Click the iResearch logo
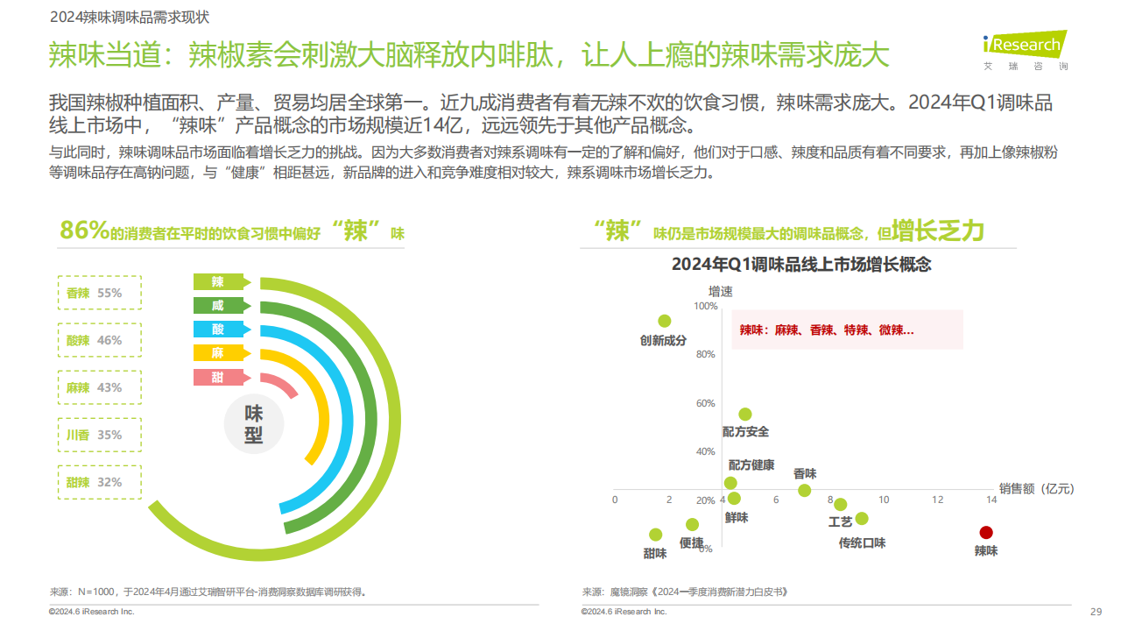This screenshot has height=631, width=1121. coord(1025,49)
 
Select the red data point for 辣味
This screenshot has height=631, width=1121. coord(986,532)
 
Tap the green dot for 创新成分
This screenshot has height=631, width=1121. coord(664,321)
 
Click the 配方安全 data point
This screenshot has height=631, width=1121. coord(745,415)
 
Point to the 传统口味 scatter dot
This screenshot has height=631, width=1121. coord(862,519)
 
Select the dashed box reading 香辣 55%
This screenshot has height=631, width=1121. coord(99,294)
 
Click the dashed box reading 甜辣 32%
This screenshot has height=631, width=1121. coord(99,482)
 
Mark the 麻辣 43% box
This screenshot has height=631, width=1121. coord(99,387)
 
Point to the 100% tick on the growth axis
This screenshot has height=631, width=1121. coord(704,306)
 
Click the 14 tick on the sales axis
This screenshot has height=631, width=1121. coord(991,500)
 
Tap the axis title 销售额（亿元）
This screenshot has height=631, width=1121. coord(1036,488)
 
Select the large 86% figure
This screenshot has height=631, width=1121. coord(84,230)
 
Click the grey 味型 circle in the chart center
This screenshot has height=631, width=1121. coord(254,424)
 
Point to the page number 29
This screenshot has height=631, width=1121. coord(1096,611)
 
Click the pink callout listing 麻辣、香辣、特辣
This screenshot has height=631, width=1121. coord(847,330)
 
